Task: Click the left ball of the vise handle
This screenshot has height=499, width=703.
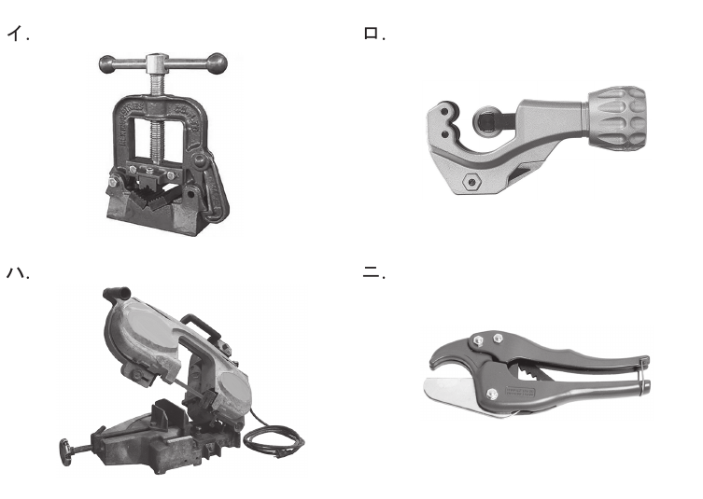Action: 107,64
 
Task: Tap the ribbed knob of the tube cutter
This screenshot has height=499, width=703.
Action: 617,117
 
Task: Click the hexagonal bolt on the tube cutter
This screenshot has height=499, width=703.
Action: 471,182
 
